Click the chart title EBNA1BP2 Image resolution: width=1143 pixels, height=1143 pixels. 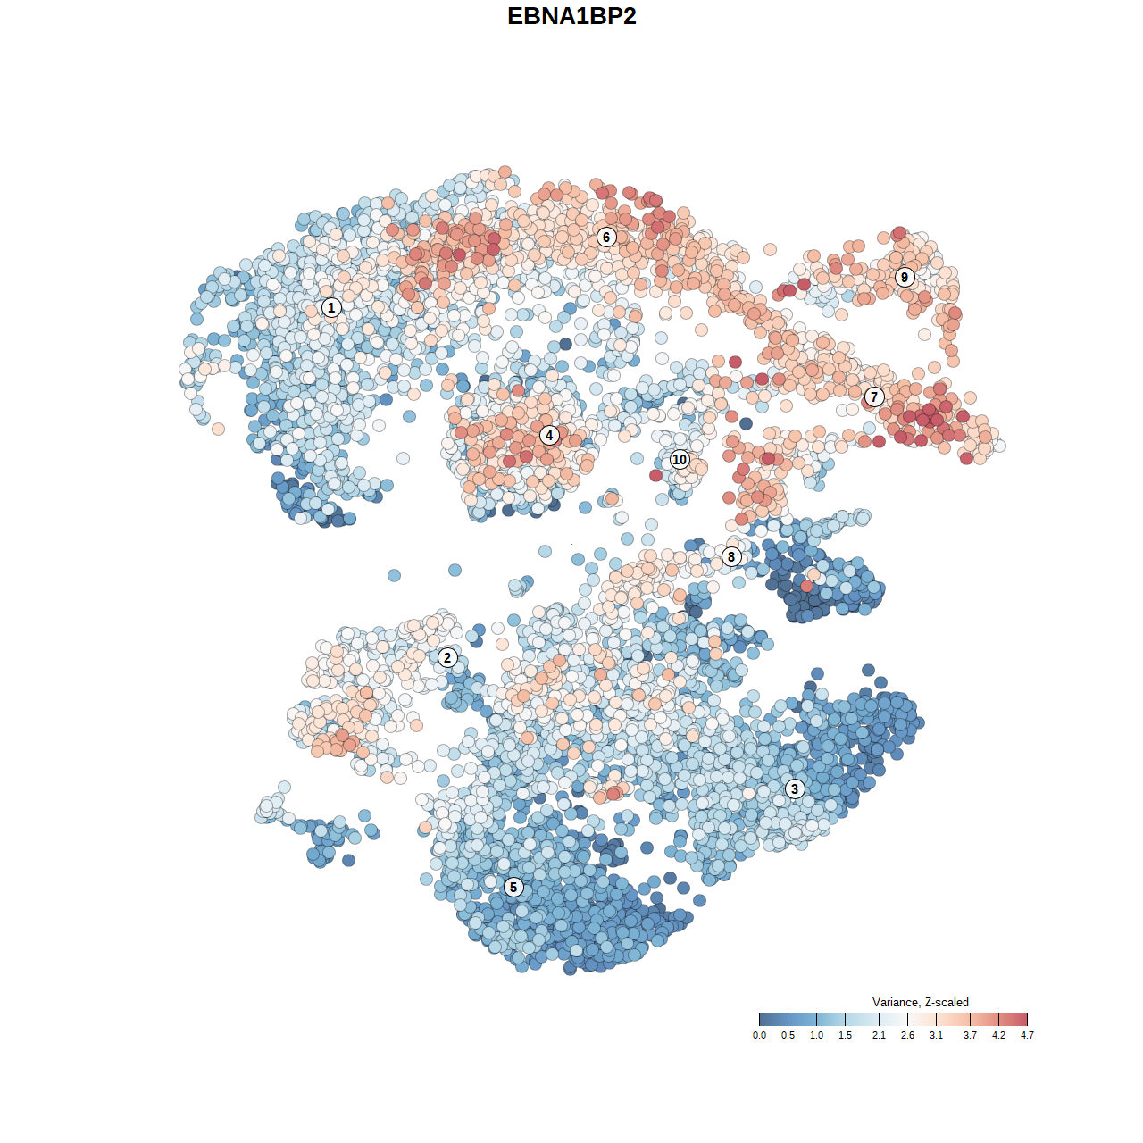pyautogui.click(x=571, y=16)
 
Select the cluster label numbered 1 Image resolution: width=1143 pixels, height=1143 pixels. pyautogui.click(x=331, y=308)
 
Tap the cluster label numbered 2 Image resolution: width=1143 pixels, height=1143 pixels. pyautogui.click(x=447, y=658)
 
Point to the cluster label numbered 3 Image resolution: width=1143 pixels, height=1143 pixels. pyautogui.click(x=795, y=788)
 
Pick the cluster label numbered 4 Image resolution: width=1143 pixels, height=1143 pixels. pyautogui.click(x=549, y=435)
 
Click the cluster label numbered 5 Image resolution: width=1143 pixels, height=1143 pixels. pyautogui.click(x=513, y=887)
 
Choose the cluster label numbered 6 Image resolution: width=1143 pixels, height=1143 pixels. pyautogui.click(x=606, y=237)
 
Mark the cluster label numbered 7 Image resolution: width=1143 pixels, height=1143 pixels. pyautogui.click(x=874, y=396)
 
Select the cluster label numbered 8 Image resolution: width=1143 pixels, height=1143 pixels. pyautogui.click(x=731, y=556)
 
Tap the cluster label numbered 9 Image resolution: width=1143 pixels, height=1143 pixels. pyautogui.click(x=905, y=277)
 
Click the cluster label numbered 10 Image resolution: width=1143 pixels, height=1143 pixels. pyautogui.click(x=680, y=459)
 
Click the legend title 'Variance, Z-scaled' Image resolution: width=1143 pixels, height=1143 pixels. pyautogui.click(x=920, y=1002)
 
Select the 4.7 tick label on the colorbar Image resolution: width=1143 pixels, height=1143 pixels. pyautogui.click(x=1027, y=1035)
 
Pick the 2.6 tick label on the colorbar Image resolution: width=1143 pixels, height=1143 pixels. pyautogui.click(x=907, y=1035)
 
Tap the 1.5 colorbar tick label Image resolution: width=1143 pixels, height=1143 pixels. pyautogui.click(x=845, y=1035)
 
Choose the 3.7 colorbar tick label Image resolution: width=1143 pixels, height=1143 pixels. pyautogui.click(x=970, y=1035)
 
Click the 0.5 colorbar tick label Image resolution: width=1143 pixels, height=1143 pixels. pyautogui.click(x=788, y=1035)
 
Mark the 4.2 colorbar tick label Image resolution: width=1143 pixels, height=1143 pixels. pyautogui.click(x=998, y=1035)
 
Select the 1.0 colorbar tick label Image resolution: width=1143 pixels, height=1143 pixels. pyautogui.click(x=816, y=1035)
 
